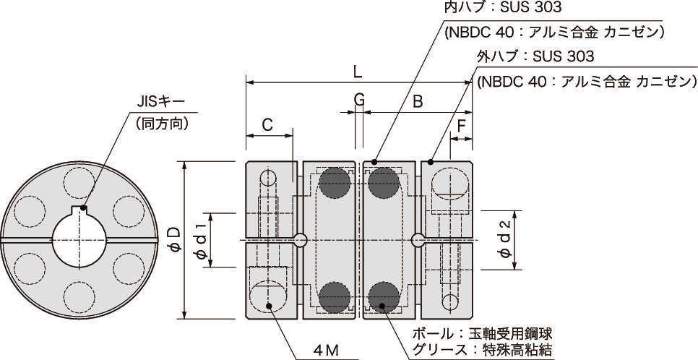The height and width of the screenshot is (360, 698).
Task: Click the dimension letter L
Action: pos(358,72)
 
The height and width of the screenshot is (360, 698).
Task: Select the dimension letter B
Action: pos(418,102)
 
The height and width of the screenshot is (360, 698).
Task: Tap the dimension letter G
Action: pos(359,100)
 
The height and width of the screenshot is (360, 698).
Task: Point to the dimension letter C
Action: pos(267,124)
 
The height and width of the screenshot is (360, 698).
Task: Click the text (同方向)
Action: pos(163,124)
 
